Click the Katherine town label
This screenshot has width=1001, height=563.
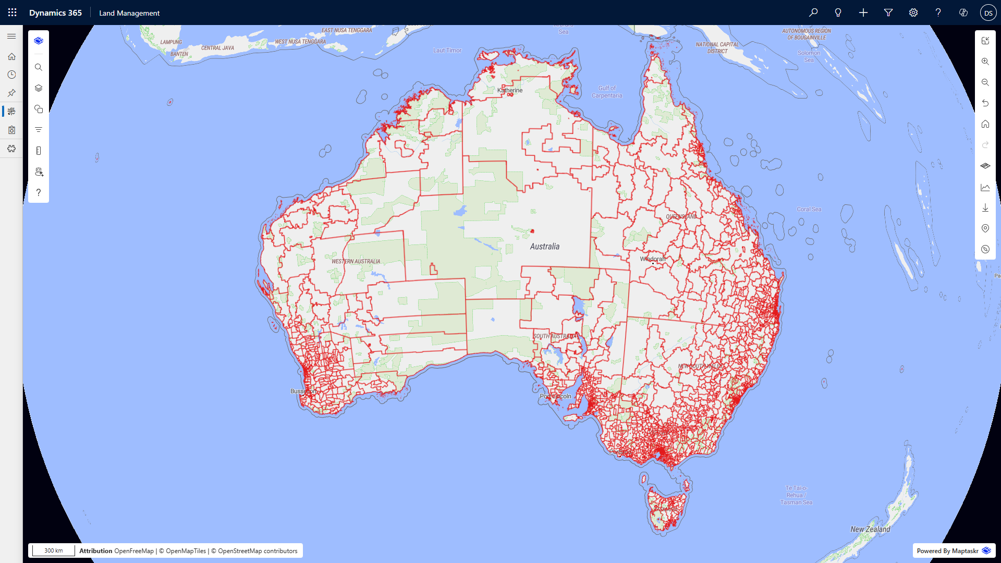tap(510, 90)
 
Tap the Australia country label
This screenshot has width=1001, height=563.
tap(544, 247)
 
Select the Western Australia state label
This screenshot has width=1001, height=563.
tap(356, 261)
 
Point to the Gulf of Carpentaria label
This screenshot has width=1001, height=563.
tap(607, 92)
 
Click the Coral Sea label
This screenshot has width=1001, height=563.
tap(809, 209)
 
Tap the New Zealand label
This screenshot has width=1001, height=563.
tap(870, 529)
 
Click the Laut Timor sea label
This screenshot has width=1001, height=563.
tap(447, 51)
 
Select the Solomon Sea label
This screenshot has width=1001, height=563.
tap(809, 56)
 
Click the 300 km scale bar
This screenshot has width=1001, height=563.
tap(53, 550)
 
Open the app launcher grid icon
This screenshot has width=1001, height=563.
tap(12, 13)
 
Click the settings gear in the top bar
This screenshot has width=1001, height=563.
tap(913, 13)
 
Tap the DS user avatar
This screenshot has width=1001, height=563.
tap(988, 13)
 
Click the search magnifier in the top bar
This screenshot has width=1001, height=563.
tap(813, 13)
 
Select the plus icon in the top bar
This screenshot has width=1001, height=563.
tap(863, 13)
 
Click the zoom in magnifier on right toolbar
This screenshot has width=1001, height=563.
tap(985, 62)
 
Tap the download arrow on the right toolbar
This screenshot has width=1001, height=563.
tap(985, 207)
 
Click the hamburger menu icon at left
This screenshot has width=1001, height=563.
tap(11, 36)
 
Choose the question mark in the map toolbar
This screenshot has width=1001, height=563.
tap(39, 192)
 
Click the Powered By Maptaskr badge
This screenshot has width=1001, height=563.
tap(954, 550)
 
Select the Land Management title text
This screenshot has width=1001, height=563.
tap(129, 13)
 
